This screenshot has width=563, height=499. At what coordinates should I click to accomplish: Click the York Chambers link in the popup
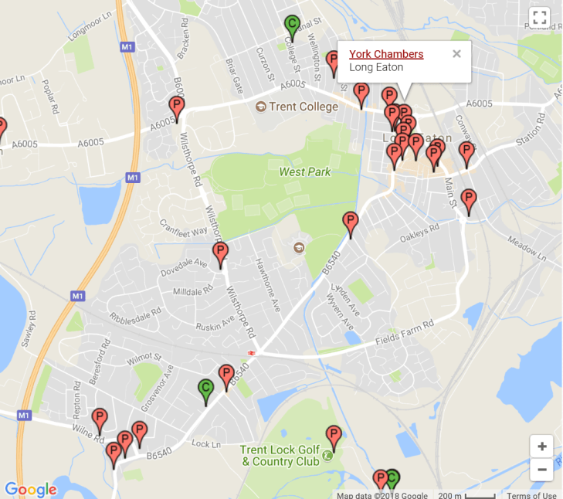click(386, 54)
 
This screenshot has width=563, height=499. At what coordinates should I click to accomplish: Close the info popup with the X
click(456, 53)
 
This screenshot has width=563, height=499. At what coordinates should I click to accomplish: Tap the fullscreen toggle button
click(540, 18)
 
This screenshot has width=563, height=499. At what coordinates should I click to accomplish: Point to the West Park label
click(305, 171)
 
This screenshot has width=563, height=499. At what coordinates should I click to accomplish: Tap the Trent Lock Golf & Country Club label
click(279, 456)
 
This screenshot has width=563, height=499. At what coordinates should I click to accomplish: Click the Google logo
click(31, 489)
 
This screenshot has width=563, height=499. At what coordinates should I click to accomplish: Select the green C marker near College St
click(291, 26)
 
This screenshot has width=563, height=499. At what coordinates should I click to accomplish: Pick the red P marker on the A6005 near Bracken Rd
click(177, 108)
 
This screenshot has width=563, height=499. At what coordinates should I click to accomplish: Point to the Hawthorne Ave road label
click(268, 284)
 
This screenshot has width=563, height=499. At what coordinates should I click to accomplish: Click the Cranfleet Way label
click(184, 227)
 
